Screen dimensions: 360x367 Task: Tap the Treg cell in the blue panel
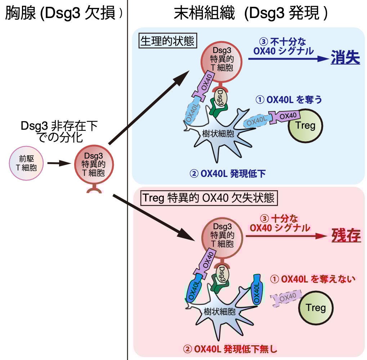point(305,125)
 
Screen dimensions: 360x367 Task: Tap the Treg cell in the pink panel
point(315,307)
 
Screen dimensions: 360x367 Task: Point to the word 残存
point(345,236)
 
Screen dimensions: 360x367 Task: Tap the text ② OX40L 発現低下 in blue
point(228,174)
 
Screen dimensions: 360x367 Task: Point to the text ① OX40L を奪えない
point(313,279)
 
